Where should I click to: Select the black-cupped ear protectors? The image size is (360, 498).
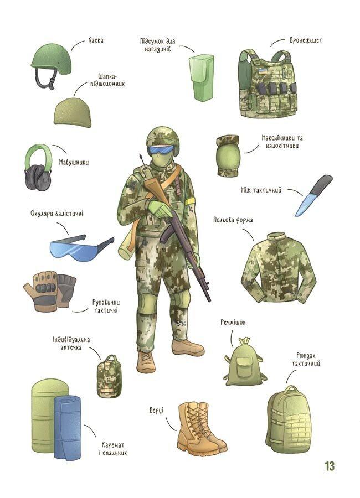point(38,168)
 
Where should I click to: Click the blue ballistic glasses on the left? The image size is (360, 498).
point(81,248)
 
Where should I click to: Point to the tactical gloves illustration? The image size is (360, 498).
point(50,290)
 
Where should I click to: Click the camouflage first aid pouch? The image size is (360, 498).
point(109,376)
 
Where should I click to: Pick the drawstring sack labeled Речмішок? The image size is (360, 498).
point(244,363)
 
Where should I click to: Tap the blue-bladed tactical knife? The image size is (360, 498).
point(313,195)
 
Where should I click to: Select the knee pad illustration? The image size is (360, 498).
point(228,155)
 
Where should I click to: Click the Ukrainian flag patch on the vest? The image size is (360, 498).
point(263,71)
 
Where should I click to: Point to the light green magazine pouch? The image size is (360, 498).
point(201,77)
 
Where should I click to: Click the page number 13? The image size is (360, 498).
point(330,466)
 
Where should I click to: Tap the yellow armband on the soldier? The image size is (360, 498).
point(190,201)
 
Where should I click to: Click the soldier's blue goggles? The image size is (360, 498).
point(162,149)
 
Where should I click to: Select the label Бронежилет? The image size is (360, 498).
point(306,40)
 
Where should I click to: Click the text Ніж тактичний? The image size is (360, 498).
point(261,190)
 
